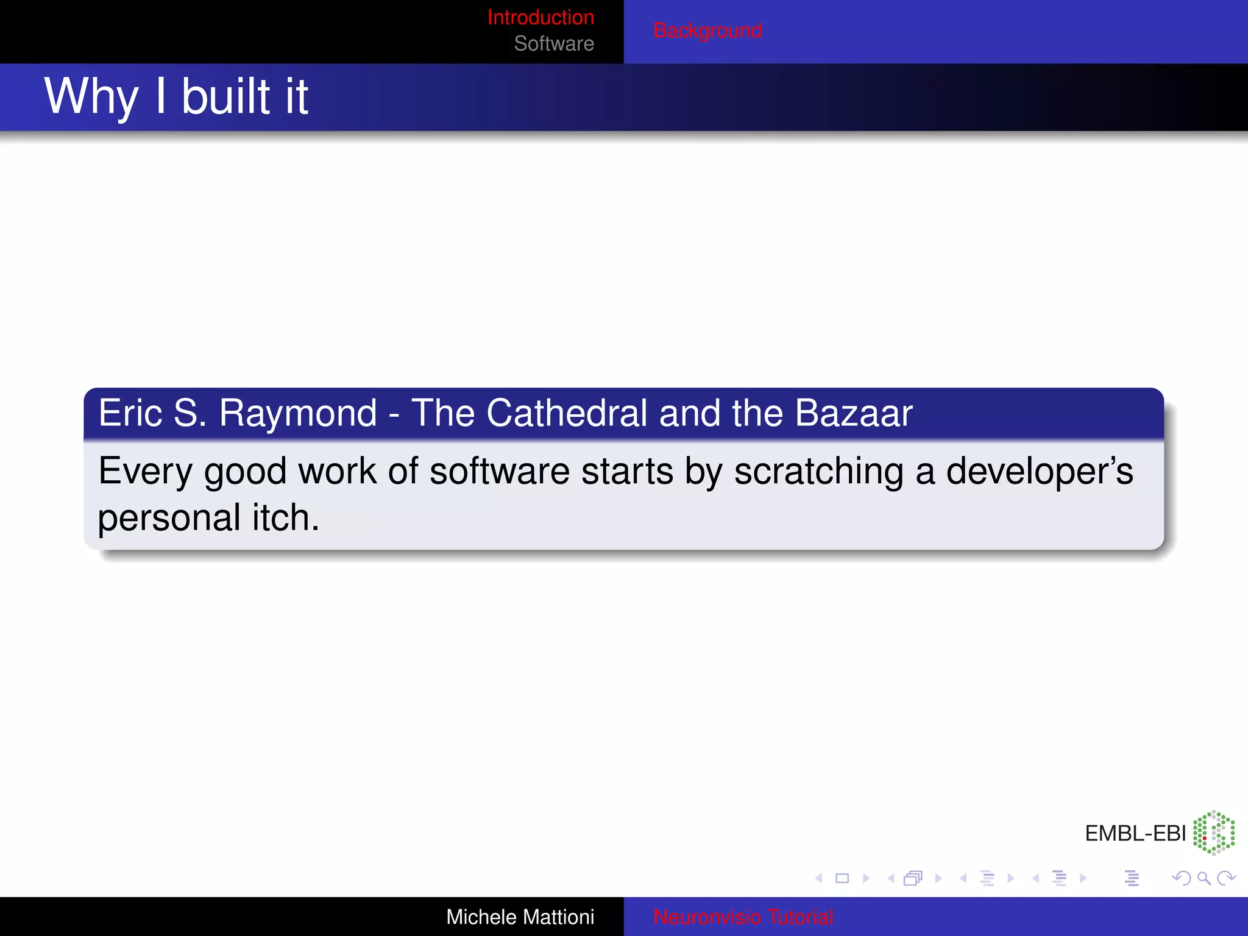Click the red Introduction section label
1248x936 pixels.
click(x=541, y=17)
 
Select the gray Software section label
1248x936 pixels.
click(x=553, y=44)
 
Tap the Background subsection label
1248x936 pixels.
click(x=707, y=30)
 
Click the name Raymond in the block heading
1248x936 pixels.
click(x=297, y=414)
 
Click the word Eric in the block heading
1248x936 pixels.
click(x=129, y=414)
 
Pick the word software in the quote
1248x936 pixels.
click(x=499, y=472)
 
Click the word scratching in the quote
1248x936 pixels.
click(x=818, y=472)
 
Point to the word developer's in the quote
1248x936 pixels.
click(x=1039, y=472)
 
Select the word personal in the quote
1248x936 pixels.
click(x=169, y=519)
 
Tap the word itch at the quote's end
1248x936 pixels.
click(x=285, y=519)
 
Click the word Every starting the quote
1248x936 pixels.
click(x=146, y=472)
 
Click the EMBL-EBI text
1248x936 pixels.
click(x=1135, y=834)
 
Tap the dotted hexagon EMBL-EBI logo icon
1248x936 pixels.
click(x=1213, y=832)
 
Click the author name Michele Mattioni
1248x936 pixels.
click(x=520, y=917)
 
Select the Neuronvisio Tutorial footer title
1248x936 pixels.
click(x=742, y=917)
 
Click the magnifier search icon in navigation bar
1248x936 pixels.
click(x=1204, y=878)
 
